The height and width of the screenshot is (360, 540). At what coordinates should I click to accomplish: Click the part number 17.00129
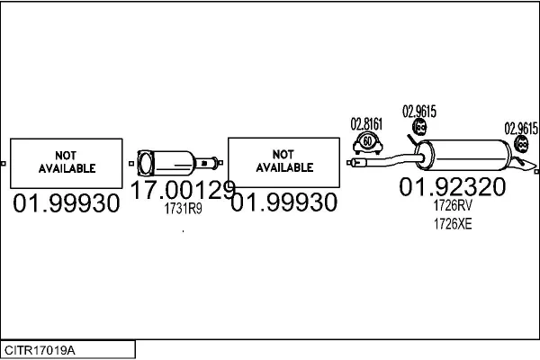(183, 190)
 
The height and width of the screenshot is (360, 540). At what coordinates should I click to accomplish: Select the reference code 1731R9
(183, 209)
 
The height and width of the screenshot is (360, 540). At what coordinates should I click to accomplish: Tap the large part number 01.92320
(453, 187)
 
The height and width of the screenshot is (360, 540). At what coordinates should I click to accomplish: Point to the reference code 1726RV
(453, 205)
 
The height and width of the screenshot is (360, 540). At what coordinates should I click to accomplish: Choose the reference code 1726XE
(453, 224)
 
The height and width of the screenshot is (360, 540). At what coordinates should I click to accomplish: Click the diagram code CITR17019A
(40, 350)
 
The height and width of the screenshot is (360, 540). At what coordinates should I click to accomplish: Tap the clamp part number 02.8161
(366, 124)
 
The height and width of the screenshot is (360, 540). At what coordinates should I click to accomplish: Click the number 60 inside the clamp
(367, 141)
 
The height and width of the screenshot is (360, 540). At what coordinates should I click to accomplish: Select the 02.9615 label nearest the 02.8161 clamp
(419, 112)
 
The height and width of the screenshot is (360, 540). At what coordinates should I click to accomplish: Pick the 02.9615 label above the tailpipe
(521, 129)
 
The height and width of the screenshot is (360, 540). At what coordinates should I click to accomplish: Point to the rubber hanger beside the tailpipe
(521, 144)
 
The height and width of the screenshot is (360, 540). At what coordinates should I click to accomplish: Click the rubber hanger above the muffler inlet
(419, 127)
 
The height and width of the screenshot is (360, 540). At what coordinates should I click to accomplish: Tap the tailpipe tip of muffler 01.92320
(524, 167)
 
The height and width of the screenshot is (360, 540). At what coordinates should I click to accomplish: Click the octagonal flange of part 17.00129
(145, 163)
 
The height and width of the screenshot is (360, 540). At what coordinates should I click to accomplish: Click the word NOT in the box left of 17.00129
(66, 156)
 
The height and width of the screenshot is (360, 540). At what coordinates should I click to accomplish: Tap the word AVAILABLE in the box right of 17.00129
(284, 167)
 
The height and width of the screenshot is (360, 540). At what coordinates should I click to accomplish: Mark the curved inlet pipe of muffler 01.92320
(387, 160)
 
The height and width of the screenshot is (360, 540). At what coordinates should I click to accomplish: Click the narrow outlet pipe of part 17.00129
(206, 163)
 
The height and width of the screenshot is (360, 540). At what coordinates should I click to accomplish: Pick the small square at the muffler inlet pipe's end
(349, 162)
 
